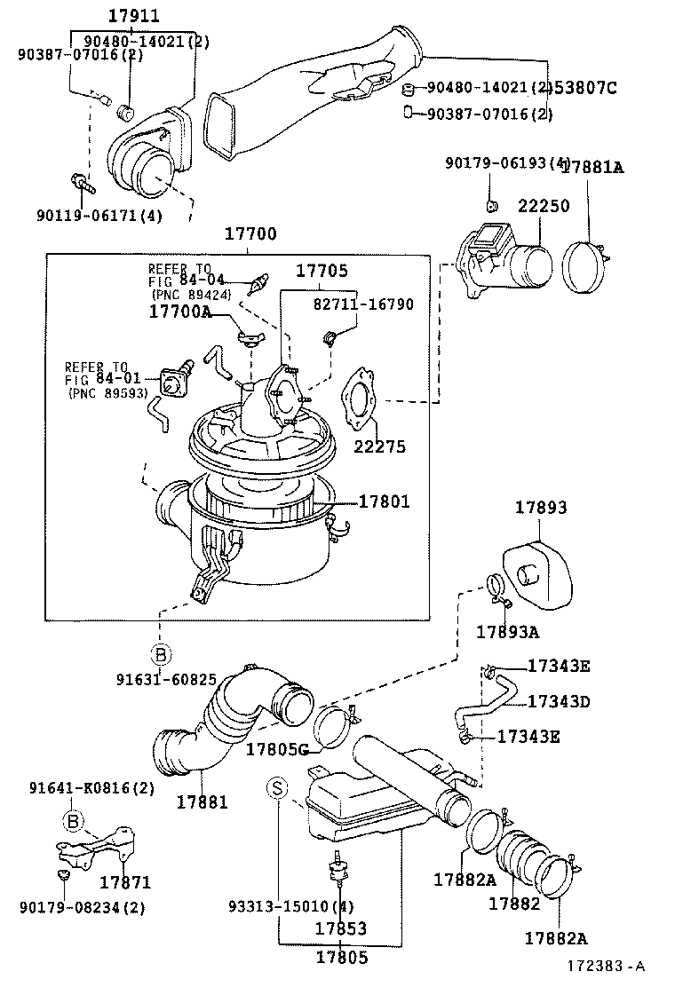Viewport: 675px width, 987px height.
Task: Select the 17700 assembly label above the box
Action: point(250,234)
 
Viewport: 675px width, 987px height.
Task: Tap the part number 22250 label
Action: point(544,205)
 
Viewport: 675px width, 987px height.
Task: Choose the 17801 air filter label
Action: point(384,501)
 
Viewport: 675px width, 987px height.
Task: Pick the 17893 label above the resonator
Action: point(541,508)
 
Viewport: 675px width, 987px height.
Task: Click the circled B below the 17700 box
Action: point(160,656)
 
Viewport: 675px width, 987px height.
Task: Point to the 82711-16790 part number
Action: point(363,304)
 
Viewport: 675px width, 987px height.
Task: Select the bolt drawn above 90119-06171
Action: point(81,184)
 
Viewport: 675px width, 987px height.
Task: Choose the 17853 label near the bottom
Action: point(341,928)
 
